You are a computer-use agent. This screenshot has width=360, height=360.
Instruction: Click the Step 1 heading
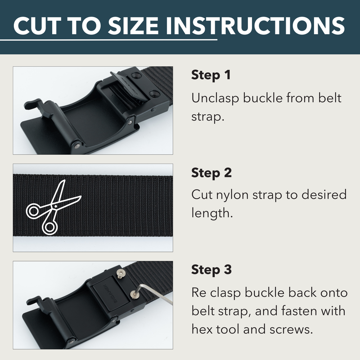[211, 75]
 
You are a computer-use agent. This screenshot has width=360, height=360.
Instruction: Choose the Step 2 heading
[211, 173]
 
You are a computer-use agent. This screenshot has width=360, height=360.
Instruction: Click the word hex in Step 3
[202, 329]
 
